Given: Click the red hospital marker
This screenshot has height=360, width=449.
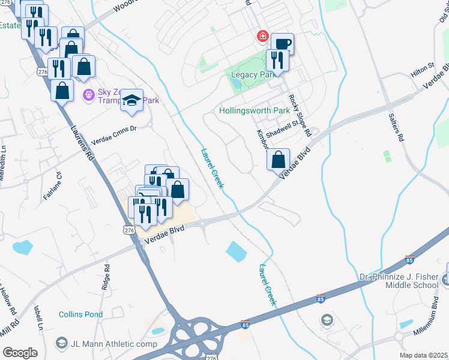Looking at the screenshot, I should click(x=262, y=37).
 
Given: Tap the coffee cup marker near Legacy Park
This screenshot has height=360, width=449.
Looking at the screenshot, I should click(x=282, y=44).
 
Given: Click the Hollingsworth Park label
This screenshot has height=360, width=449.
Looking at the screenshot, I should click(x=255, y=111).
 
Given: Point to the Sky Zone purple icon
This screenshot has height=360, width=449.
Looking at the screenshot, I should click(x=88, y=94).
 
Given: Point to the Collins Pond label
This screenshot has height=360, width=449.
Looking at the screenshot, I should click(x=80, y=314).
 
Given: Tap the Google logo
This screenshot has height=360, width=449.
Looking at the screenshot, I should click(x=20, y=352).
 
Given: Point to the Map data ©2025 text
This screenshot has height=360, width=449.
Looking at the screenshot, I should click(x=423, y=355).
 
